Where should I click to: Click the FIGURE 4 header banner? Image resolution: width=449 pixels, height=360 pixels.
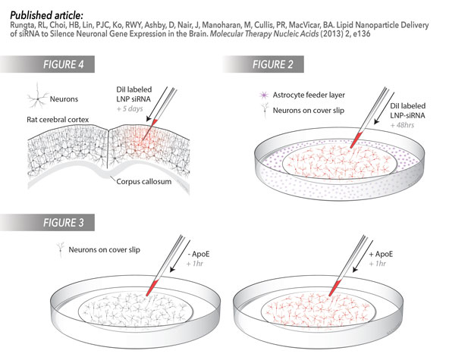pyautogui.click(x=47, y=64)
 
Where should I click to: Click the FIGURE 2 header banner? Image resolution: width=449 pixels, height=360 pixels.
pyautogui.click(x=263, y=64)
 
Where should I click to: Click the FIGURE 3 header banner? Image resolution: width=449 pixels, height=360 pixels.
pyautogui.click(x=47, y=222)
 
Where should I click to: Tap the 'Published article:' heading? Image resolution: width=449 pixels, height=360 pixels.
pyautogui.click(x=47, y=15)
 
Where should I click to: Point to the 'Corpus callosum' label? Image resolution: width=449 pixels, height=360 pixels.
pyautogui.click(x=144, y=181)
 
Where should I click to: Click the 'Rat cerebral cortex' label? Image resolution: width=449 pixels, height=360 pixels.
pyautogui.click(x=58, y=119)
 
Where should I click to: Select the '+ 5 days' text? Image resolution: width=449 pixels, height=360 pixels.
pyautogui.click(x=130, y=108)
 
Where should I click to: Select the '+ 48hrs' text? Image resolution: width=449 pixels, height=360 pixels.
pyautogui.click(x=402, y=125)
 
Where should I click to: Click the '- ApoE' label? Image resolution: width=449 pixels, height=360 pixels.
pyautogui.click(x=199, y=254)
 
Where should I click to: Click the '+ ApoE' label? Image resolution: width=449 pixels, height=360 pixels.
pyautogui.click(x=381, y=254)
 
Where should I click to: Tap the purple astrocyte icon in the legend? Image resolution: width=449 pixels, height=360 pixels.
pyautogui.click(x=263, y=95)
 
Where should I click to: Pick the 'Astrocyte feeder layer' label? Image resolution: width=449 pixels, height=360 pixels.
pyautogui.click(x=309, y=95)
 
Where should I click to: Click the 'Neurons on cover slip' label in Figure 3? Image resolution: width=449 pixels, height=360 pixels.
pyautogui.click(x=104, y=250)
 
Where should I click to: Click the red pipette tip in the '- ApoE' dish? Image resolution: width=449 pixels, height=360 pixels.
pyautogui.click(x=152, y=288)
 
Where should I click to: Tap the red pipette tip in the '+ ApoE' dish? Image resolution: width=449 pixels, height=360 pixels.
pyautogui.click(x=334, y=288)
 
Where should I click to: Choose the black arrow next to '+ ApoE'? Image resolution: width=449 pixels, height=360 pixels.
pyautogui.click(x=363, y=256)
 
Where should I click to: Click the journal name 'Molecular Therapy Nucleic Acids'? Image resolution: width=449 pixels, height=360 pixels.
pyautogui.click(x=264, y=34)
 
